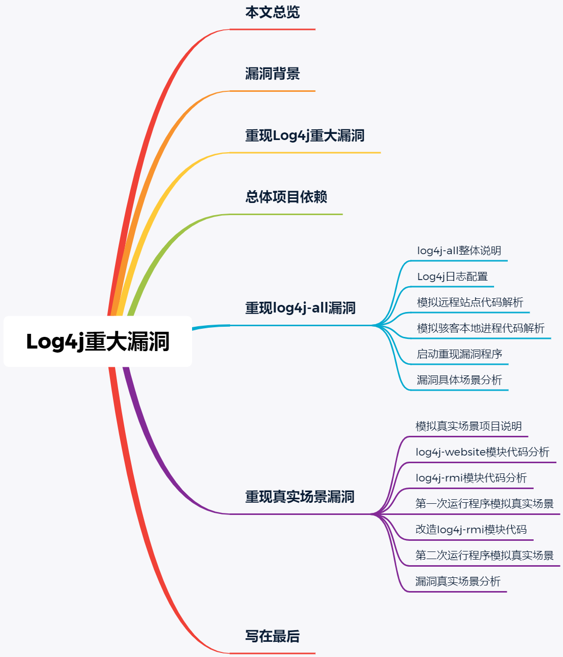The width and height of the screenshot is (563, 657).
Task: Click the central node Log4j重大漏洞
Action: pyautogui.click(x=98, y=341)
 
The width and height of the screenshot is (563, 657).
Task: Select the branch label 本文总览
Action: pyautogui.click(x=273, y=12)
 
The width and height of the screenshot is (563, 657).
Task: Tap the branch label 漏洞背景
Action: pyautogui.click(x=273, y=74)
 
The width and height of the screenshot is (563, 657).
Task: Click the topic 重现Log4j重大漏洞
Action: pyautogui.click(x=305, y=135)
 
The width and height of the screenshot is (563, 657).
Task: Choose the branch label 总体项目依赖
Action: pyautogui.click(x=286, y=197)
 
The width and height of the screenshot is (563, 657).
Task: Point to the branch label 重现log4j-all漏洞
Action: pyautogui.click(x=300, y=308)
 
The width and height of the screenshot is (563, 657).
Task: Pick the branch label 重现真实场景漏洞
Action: pyautogui.click(x=299, y=497)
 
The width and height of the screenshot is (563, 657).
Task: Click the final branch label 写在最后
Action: pyautogui.click(x=273, y=636)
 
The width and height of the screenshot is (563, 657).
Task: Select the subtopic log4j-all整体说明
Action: pyautogui.click(x=459, y=251)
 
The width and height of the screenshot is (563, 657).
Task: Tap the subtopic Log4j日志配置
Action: pyautogui.click(x=453, y=276)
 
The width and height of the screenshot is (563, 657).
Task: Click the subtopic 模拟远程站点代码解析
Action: pyautogui.click(x=470, y=302)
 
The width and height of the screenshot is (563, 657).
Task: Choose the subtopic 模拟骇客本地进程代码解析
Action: pyautogui.click(x=480, y=328)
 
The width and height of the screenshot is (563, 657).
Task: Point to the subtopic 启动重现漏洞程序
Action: pyautogui.click(x=459, y=354)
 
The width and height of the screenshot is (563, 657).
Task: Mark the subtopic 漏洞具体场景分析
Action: pyautogui.click(x=459, y=380)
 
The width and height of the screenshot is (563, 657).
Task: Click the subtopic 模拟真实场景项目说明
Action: pyautogui.click(x=469, y=426)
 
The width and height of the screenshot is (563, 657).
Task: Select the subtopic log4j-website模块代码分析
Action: pyautogui.click(x=482, y=452)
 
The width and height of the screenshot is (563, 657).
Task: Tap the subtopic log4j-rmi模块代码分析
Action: pyautogui.click(x=471, y=478)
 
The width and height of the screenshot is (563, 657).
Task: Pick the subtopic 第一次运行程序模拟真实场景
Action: pyautogui.click(x=484, y=504)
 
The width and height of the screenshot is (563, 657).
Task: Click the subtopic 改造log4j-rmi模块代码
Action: pyautogui.click(x=471, y=530)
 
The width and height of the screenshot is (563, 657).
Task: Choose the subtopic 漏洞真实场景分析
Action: pyautogui.click(x=458, y=581)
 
